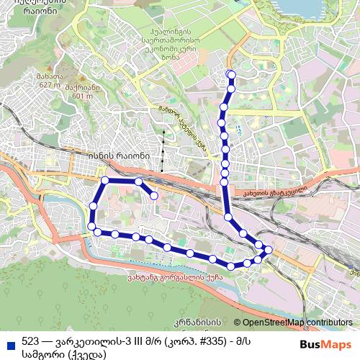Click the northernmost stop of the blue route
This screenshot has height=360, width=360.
coord(230,75)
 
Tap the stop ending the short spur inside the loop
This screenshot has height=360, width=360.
coord(154,195)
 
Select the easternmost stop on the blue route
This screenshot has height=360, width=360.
coord(269,250)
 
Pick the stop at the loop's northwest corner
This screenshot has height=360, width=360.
coord(105,180)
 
